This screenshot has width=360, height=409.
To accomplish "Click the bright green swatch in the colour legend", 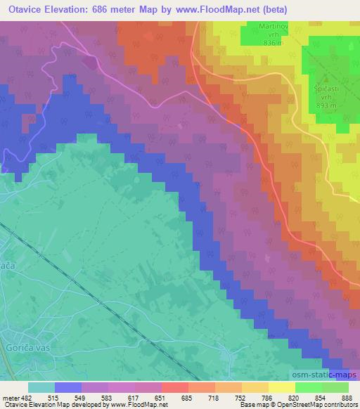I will tap(309, 387).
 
